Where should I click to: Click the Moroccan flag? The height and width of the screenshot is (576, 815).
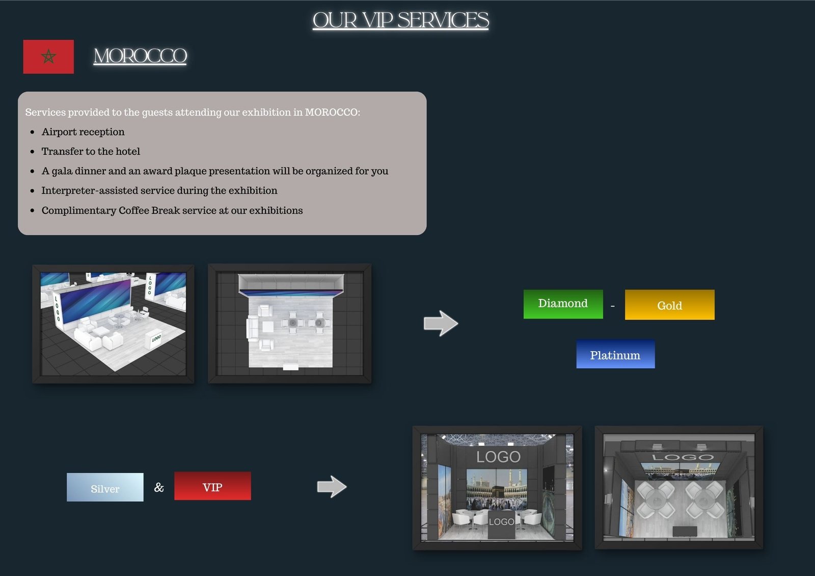pos(48,57)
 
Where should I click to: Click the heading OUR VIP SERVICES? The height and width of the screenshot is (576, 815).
pos(400,20)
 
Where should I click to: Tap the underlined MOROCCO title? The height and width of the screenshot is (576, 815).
pos(140,56)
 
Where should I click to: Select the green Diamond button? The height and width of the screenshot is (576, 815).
pos(563,304)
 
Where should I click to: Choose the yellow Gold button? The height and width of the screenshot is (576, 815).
pos(669,305)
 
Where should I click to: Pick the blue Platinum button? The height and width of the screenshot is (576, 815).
pos(615,354)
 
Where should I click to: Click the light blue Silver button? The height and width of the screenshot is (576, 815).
pos(105,487)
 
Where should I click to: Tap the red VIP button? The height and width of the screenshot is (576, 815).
pos(212,486)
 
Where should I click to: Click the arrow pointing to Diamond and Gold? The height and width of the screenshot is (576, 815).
pos(441,323)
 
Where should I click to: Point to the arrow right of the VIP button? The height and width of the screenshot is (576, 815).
pos(332,486)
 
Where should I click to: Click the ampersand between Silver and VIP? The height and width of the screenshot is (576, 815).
pos(159,487)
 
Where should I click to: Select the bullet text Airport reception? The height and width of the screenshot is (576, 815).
pos(83,132)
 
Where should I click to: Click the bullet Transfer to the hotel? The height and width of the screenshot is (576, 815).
pos(91,151)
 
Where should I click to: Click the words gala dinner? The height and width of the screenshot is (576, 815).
pos(76,171)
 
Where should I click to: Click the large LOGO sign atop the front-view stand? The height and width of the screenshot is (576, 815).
pos(499,457)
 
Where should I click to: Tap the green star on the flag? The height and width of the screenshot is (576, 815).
pos(48,57)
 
